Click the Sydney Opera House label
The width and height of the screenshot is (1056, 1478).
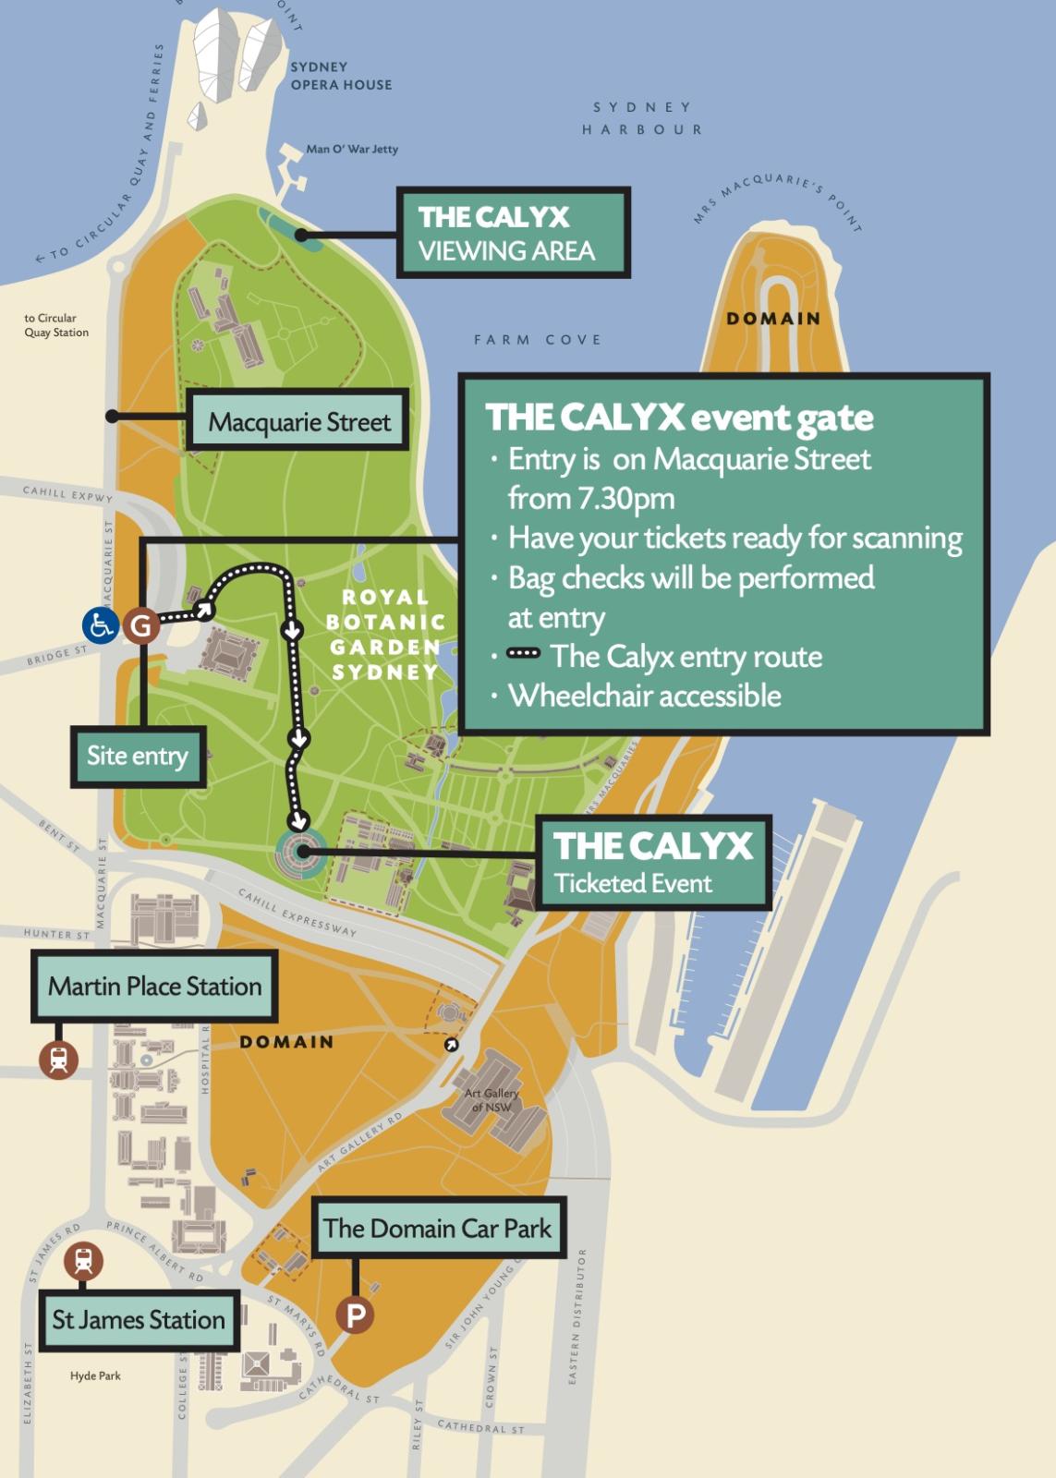point(341,76)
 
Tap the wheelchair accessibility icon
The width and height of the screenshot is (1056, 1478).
point(100,625)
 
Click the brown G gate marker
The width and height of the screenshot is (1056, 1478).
point(141,626)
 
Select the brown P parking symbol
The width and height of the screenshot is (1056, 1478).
point(356,1314)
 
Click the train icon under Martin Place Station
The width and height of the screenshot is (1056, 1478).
point(59,1059)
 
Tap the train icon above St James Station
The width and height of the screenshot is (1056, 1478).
point(83,1260)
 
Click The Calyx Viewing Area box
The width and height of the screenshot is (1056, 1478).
point(513,233)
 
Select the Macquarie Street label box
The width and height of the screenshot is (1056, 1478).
point(297,421)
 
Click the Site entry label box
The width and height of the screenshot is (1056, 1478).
point(138,756)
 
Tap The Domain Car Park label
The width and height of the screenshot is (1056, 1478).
point(438,1229)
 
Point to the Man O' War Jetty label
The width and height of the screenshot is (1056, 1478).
point(352,149)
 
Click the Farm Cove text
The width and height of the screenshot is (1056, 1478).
point(537,340)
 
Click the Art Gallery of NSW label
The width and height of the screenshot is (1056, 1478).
point(492,1100)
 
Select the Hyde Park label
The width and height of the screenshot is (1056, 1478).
point(95,1375)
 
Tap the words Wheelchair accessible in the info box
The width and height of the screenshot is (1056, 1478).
point(645,696)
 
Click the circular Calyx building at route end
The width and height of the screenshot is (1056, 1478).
point(300,853)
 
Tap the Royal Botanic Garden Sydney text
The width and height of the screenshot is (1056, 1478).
point(385,635)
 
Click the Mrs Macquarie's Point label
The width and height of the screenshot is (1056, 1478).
point(778,198)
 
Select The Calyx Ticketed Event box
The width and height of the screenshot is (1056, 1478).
point(653,862)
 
